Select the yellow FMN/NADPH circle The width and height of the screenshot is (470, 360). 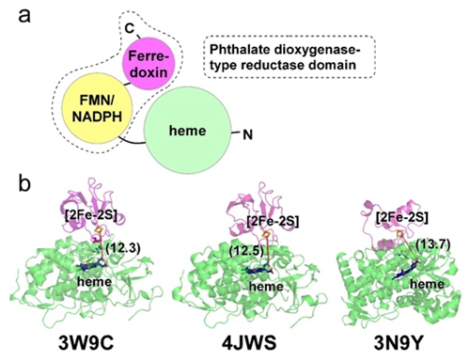(x=98, y=110)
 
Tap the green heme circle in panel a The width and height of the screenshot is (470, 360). (x=187, y=130)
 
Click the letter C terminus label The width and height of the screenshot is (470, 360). (x=129, y=28)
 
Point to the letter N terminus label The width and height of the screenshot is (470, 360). (x=247, y=135)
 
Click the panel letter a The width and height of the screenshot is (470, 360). (x=24, y=16)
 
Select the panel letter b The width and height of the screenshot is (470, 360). (x=24, y=183)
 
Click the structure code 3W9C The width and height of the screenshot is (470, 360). (x=86, y=343)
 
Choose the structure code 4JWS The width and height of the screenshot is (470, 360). (x=249, y=343)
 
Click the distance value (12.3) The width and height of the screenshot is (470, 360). (x=123, y=248)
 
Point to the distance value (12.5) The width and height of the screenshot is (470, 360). (x=246, y=251)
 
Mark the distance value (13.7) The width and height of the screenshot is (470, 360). (x=432, y=244)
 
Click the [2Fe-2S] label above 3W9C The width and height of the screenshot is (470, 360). (x=92, y=215)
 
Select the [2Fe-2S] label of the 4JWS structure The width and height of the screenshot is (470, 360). (x=273, y=221)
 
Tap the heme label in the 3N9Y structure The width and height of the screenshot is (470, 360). (x=428, y=284)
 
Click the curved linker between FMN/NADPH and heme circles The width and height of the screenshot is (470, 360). (x=131, y=141)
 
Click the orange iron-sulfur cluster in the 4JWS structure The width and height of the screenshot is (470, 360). (x=266, y=234)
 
